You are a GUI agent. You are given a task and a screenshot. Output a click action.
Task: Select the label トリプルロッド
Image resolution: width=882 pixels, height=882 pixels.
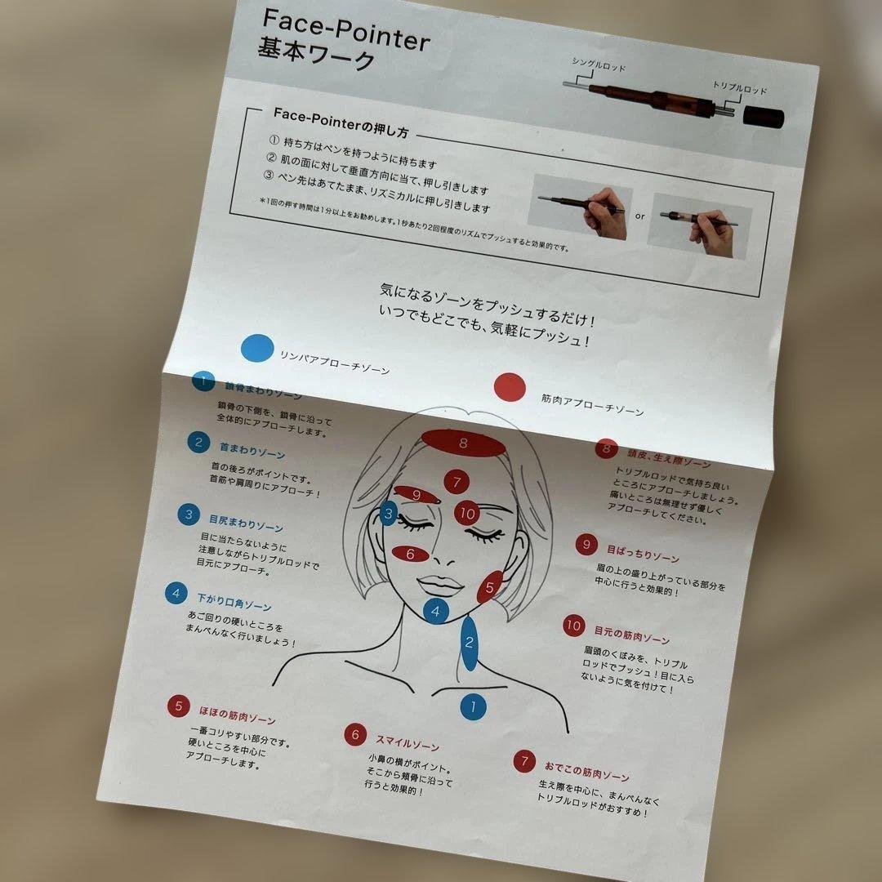(x=739, y=89)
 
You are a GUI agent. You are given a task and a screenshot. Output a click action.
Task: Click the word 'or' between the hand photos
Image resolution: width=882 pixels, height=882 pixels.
(x=639, y=216)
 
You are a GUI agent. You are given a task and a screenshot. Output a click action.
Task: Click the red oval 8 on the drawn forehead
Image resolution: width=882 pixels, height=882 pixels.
(x=463, y=443)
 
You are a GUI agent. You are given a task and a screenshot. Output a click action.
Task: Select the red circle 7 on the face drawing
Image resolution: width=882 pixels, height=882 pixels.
(x=457, y=482)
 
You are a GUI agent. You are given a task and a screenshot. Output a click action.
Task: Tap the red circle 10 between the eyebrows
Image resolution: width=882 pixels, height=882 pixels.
(x=467, y=514)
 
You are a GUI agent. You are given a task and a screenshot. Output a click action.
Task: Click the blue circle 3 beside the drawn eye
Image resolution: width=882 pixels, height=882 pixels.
(x=390, y=514)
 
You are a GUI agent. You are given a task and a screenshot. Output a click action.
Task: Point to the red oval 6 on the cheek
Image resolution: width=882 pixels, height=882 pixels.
(x=411, y=553)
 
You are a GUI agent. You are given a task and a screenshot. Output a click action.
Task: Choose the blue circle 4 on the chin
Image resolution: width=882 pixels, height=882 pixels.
(x=435, y=610)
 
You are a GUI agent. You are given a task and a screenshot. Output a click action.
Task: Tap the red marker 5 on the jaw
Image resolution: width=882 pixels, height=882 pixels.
(x=489, y=586)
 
